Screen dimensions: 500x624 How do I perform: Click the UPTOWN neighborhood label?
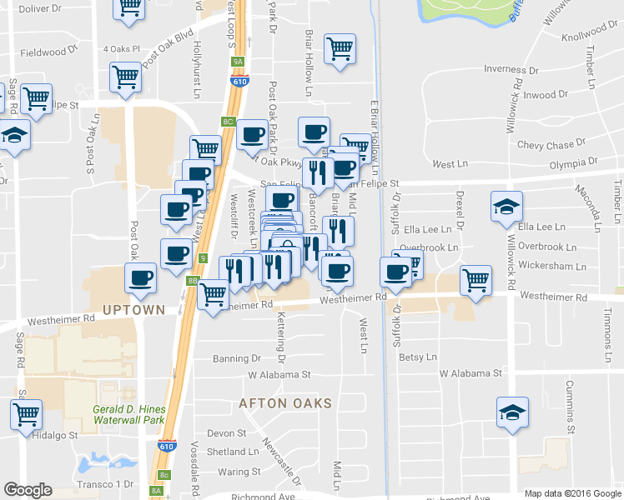coord(133,310)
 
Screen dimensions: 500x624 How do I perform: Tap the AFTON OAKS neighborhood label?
coord(285,403)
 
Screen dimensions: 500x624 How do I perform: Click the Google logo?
coord(28,490)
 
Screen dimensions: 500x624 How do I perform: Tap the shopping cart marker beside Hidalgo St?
coord(27,413)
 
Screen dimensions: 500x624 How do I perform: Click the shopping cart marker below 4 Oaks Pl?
coord(125,77)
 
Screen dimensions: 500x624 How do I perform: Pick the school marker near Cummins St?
coord(512,412)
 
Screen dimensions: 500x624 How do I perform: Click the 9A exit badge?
coord(238,62)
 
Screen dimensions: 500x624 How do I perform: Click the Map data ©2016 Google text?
coord(571,493)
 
